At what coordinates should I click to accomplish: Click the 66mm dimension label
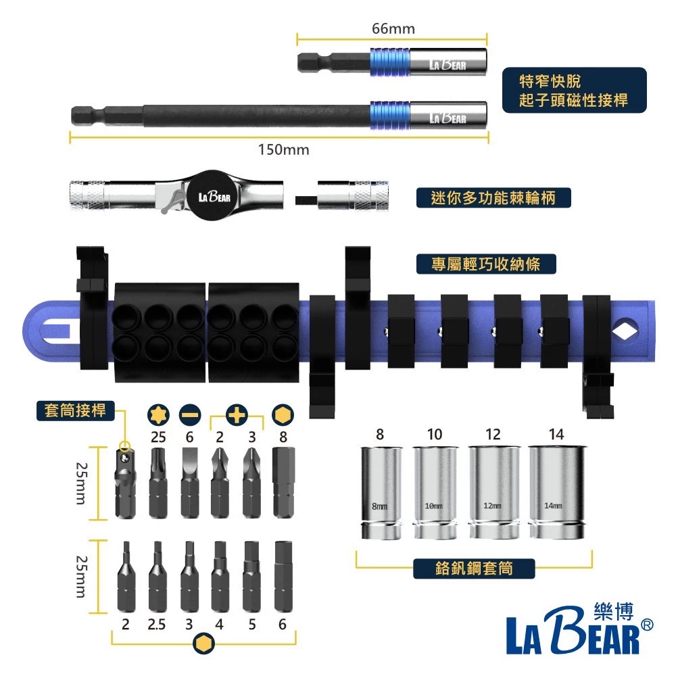[x=393, y=29]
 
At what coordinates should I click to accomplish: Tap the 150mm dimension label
[x=283, y=150]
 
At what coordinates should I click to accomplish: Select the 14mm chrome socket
[x=556, y=493]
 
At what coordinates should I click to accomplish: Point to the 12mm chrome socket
[x=493, y=493]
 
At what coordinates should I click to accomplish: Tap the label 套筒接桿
[x=75, y=410]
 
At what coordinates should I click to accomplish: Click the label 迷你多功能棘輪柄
[x=491, y=198]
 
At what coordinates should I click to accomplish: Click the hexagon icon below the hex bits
[x=201, y=644]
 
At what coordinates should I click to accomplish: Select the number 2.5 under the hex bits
[x=157, y=625]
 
